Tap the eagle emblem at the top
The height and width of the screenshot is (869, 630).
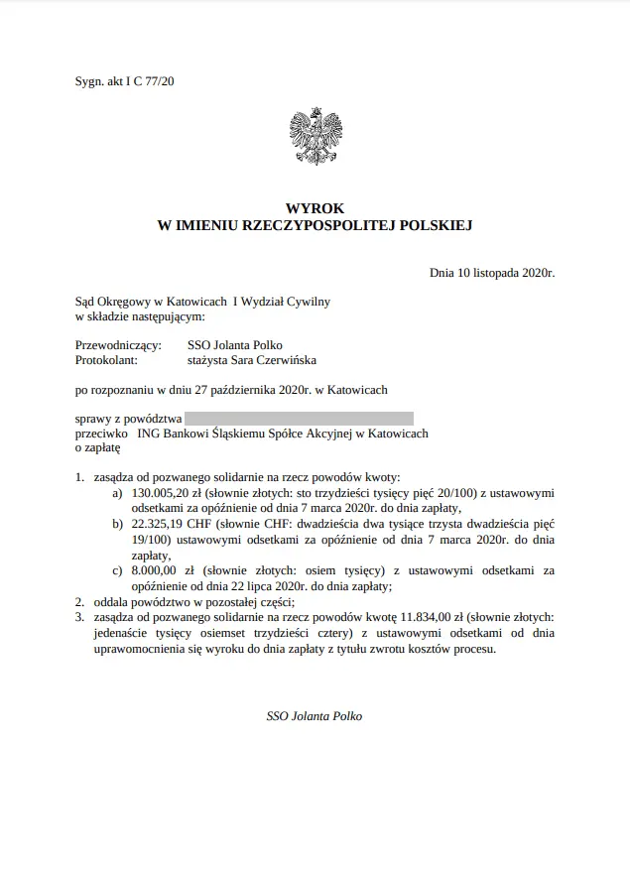point(315,138)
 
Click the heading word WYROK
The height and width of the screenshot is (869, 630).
point(315,209)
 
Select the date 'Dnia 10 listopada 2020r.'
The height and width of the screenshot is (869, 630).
point(491,272)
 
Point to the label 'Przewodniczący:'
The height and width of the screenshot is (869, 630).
point(118,345)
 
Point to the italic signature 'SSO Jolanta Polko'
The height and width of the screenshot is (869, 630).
point(315,715)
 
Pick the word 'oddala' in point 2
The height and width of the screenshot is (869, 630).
point(111,601)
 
